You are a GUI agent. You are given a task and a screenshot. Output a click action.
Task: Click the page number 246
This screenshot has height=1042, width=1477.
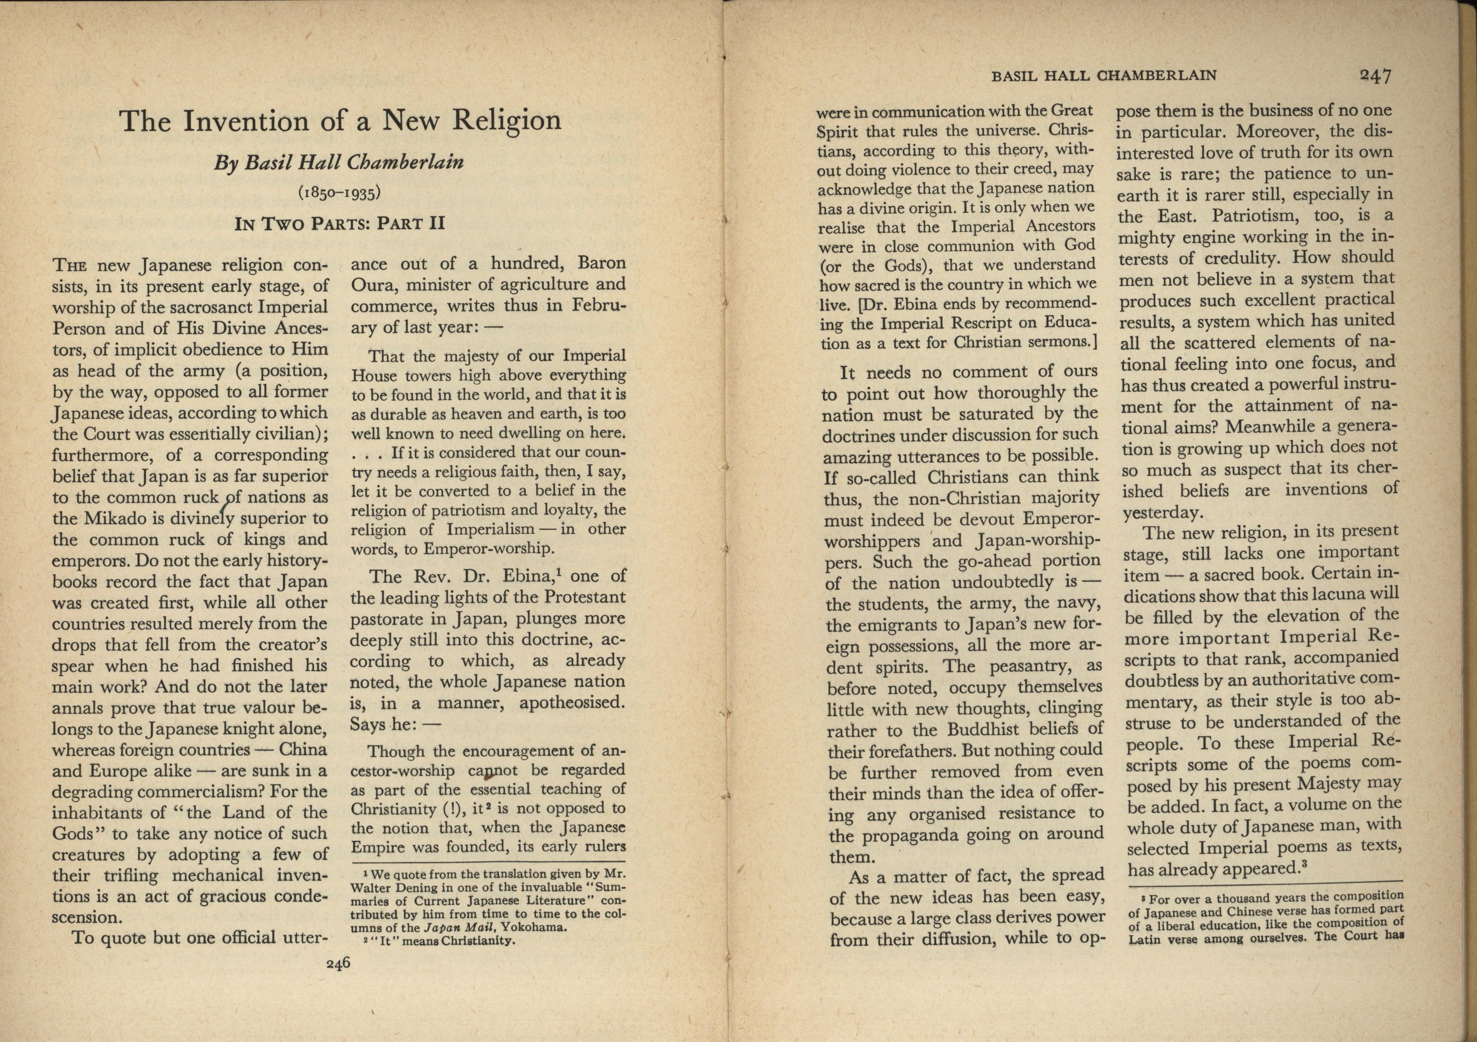[x=338, y=963]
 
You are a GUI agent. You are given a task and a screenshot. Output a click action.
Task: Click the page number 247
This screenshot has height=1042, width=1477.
[x=1375, y=76]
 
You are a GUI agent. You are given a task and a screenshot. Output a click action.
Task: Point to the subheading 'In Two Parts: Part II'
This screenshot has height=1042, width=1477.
[x=340, y=224]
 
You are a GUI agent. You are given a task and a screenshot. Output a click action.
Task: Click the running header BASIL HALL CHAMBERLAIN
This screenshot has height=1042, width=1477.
[x=1104, y=76]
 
